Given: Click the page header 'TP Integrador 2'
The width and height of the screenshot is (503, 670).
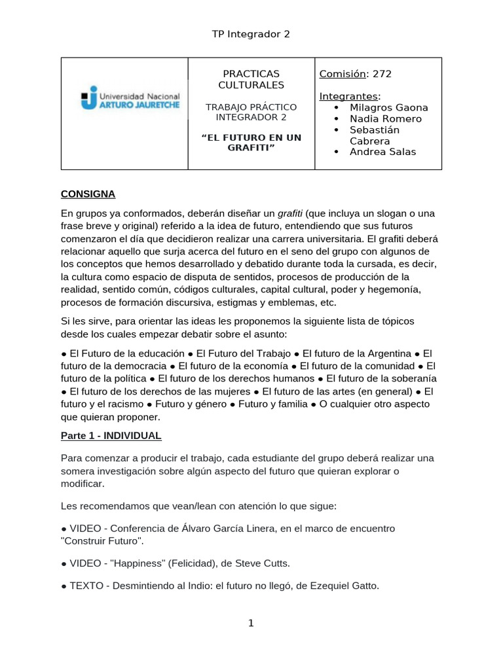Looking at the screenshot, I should [x=251, y=34].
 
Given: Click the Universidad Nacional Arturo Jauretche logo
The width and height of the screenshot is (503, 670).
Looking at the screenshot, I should [x=125, y=98].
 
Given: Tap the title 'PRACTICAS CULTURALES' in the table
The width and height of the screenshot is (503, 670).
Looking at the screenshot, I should [x=251, y=79].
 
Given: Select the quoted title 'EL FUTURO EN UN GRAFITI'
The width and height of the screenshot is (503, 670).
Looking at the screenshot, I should [x=251, y=142].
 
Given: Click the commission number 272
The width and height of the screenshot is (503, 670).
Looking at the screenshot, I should [x=382, y=74].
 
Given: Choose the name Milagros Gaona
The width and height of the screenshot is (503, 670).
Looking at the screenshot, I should [x=389, y=107].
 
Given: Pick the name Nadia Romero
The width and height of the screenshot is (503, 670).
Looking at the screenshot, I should [x=386, y=118].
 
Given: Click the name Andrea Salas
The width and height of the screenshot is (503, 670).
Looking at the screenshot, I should [x=382, y=152].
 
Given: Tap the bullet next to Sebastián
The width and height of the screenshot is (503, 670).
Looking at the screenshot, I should [x=336, y=130].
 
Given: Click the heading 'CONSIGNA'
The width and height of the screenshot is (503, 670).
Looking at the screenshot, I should [x=88, y=194].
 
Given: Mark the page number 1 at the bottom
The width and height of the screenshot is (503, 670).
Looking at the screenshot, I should [x=251, y=623].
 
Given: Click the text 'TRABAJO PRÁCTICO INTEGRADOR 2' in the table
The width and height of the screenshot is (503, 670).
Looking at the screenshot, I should [x=251, y=112].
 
